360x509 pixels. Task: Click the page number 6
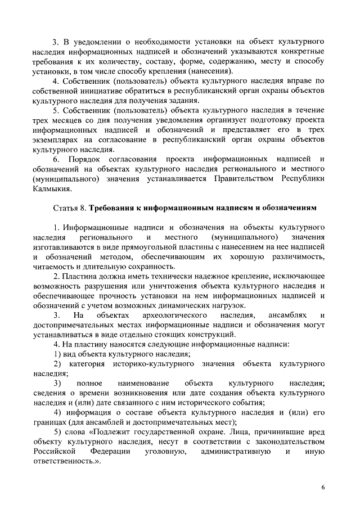point(323,487)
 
